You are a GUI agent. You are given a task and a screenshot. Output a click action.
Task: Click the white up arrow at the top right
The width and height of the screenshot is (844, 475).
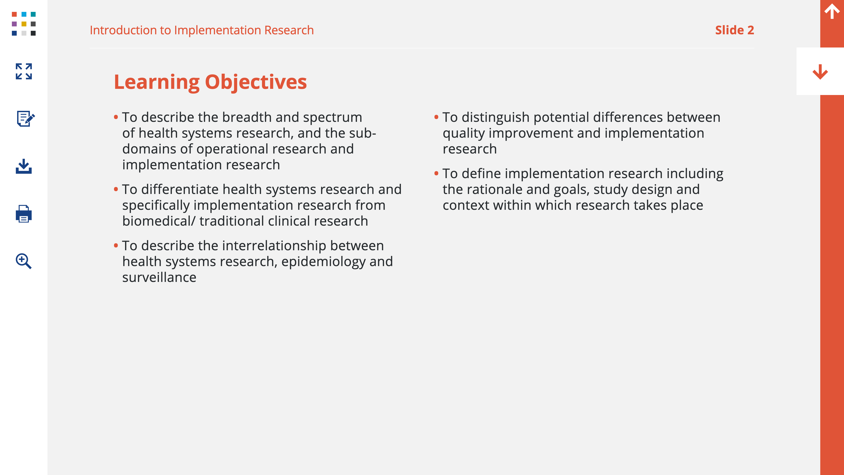click(832, 11)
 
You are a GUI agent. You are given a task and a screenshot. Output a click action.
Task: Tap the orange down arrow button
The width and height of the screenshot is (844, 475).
click(820, 72)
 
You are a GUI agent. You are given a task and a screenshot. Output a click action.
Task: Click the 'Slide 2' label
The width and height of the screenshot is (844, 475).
click(735, 30)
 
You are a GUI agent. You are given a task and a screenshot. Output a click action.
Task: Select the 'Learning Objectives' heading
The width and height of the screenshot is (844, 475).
click(210, 82)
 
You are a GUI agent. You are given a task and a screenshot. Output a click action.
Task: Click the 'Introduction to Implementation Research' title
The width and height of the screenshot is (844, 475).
click(202, 30)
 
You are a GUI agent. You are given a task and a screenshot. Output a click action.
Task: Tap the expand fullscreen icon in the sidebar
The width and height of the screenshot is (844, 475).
click(24, 71)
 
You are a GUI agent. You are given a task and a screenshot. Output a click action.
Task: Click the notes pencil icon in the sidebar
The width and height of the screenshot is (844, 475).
click(25, 118)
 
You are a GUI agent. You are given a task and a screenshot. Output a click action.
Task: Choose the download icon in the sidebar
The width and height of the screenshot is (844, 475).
click(24, 166)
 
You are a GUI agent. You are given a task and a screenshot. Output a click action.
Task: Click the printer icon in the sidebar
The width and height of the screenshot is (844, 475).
click(24, 214)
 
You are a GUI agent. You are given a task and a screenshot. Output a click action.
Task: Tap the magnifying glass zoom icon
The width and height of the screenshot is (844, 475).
click(24, 261)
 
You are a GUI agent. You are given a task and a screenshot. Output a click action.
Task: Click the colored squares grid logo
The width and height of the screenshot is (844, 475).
click(24, 24)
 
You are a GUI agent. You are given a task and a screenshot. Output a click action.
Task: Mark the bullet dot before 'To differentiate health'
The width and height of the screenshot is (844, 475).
click(116, 189)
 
